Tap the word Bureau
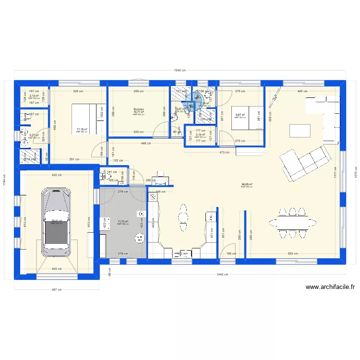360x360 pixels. [x=139, y=109]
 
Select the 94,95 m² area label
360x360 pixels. [x=248, y=184]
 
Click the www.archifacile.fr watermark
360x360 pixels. [x=330, y=288]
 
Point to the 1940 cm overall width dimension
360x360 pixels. [x=180, y=70]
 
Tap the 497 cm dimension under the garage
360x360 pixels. [x=57, y=289]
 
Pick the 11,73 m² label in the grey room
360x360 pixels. [x=123, y=222]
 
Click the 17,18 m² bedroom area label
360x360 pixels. [x=81, y=129]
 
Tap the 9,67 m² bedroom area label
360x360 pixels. [x=240, y=115]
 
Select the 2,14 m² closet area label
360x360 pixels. [x=200, y=135]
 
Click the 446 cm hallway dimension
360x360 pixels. [x=146, y=143]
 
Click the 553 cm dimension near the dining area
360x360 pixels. [x=293, y=253]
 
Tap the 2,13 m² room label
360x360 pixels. [x=34, y=96]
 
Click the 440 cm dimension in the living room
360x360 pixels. [x=301, y=91]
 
